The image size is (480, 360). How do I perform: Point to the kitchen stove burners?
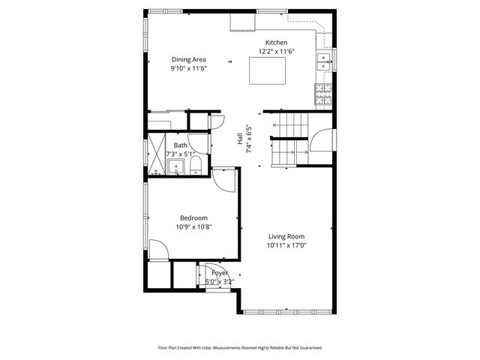pyautogui.click(x=323, y=93)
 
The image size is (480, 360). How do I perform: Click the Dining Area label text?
pyautogui.click(x=188, y=59)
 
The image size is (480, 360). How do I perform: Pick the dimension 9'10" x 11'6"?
pyautogui.click(x=188, y=68)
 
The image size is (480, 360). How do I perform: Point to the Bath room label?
pyautogui.click(x=181, y=145)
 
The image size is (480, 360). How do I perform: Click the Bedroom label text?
pyautogui.click(x=193, y=217)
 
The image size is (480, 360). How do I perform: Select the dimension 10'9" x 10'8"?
pyautogui.click(x=193, y=226)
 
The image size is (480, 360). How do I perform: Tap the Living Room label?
pyautogui.click(x=286, y=236)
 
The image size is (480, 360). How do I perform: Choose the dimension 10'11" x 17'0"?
pyautogui.click(x=286, y=245)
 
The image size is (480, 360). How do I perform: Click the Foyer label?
pyautogui.click(x=220, y=273)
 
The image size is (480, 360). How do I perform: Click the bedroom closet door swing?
pyautogui.click(x=158, y=250)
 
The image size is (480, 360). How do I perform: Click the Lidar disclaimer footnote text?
pyautogui.click(x=240, y=348)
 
